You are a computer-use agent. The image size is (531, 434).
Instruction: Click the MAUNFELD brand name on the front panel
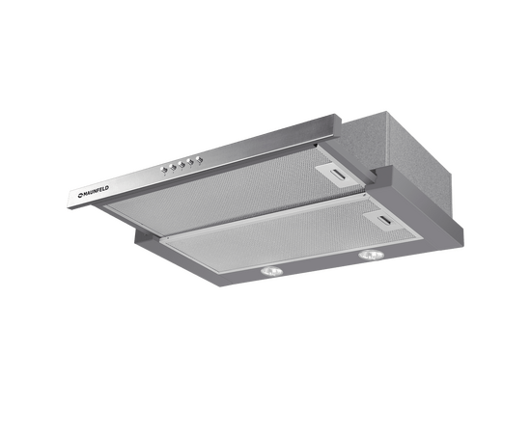pyautogui.click(x=97, y=191)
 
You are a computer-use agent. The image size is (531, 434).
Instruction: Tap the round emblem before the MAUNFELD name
pyautogui.click(x=80, y=195)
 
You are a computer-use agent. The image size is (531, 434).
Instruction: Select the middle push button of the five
pyautogui.click(x=182, y=164)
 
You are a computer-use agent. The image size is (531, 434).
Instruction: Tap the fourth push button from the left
pyautogui.click(x=190, y=162)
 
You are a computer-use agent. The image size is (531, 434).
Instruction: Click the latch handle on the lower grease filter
pyautogui.click(x=386, y=221)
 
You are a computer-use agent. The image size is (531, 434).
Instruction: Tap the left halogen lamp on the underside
pyautogui.click(x=271, y=271)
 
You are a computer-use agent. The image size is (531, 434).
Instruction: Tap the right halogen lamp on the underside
pyautogui.click(x=372, y=255)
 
